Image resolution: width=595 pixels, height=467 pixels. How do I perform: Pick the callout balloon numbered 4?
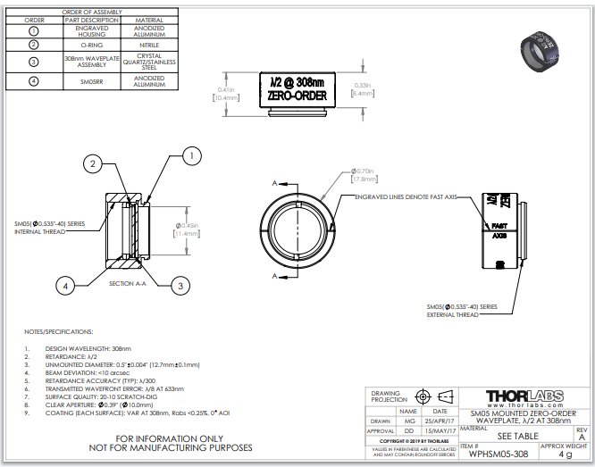click(63, 286)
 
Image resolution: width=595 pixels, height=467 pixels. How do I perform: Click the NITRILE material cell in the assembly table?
click(148, 44)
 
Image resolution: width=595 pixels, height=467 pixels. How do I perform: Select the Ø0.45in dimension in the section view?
click(186, 228)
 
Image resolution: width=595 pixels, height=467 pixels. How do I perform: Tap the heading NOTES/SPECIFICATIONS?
click(59, 329)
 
